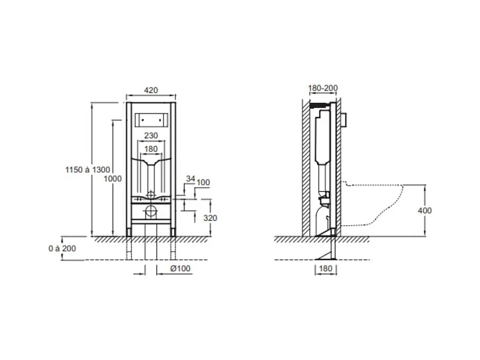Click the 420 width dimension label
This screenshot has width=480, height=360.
[x=151, y=90]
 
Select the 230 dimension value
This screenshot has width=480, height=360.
[x=151, y=135]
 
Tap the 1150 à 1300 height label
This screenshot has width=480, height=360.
[x=88, y=170]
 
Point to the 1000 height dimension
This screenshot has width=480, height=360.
[x=113, y=179]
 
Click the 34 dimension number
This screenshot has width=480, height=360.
[x=190, y=179]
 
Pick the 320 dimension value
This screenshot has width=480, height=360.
[x=210, y=218]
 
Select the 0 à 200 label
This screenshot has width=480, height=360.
[x=62, y=249]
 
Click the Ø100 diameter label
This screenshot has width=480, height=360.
[x=180, y=269]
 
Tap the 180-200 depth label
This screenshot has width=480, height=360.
[x=323, y=88]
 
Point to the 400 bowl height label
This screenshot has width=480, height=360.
[x=424, y=210]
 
